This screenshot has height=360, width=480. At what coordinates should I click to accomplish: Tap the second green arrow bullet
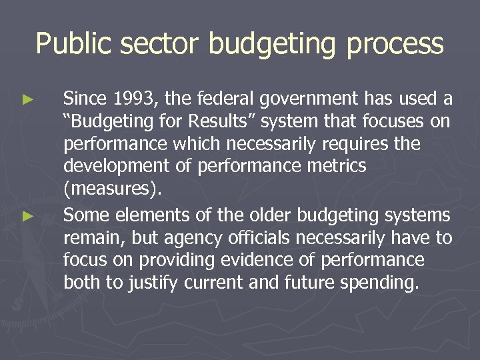pyautogui.click(x=27, y=216)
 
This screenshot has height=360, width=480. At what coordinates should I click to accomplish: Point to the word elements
pyautogui.click(x=142, y=215)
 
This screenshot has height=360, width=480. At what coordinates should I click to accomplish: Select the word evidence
pyautogui.click(x=263, y=260)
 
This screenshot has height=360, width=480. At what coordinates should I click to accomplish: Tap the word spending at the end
pyautogui.click(x=378, y=283)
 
